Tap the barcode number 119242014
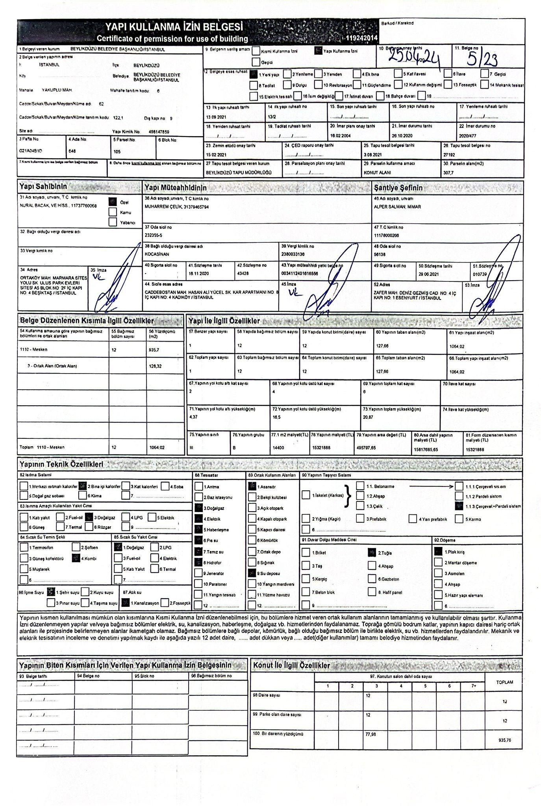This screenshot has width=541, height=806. [x=362, y=38]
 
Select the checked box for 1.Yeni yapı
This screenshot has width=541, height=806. [x=254, y=74]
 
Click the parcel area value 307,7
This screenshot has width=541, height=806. [x=448, y=172]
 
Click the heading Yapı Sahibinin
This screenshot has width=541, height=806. [x=43, y=187]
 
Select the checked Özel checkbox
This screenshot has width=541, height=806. [x=113, y=202]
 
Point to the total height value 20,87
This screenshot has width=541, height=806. [x=368, y=417]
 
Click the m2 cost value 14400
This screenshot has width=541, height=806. [x=278, y=447]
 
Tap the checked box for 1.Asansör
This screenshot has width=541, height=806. [x=252, y=486]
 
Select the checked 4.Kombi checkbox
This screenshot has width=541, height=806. [x=76, y=558]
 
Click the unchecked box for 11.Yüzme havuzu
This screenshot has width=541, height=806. [x=252, y=595]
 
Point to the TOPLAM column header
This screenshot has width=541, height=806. [x=505, y=682]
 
